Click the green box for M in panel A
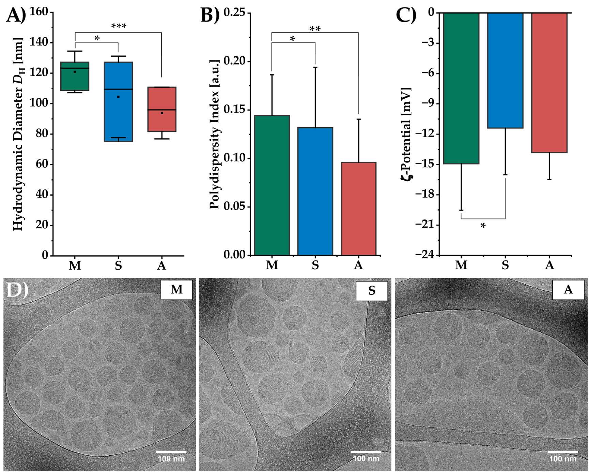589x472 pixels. [x=75, y=76]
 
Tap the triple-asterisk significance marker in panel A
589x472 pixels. [x=119, y=26]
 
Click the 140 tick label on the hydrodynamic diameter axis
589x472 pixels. [x=38, y=42]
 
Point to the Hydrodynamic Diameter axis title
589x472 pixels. [x=18, y=134]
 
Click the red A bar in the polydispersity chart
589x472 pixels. [x=358, y=209]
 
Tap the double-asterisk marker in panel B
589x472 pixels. [x=315, y=29]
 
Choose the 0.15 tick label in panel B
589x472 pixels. [x=234, y=110]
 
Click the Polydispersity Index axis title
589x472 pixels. [x=214, y=134]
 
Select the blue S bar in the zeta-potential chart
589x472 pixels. [x=505, y=70]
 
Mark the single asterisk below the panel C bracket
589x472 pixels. [x=483, y=226]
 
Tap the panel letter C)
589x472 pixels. [x=406, y=15]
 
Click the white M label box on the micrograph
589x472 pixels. [x=176, y=290]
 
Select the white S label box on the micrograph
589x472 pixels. [x=372, y=291]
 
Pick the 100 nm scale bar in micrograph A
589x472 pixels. [x=562, y=452]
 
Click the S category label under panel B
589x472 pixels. [x=315, y=265]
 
